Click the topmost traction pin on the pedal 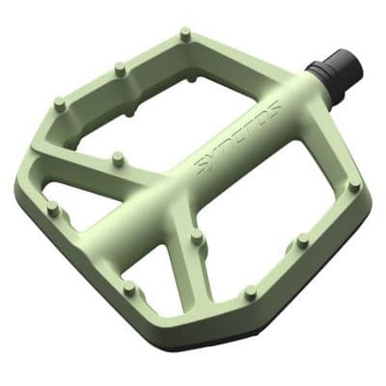coord(184,36)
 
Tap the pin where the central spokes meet coord(196,234)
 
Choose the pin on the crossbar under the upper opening coord(118,155)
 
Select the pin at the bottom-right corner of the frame coord(251,290)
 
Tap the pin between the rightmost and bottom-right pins coord(302,240)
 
